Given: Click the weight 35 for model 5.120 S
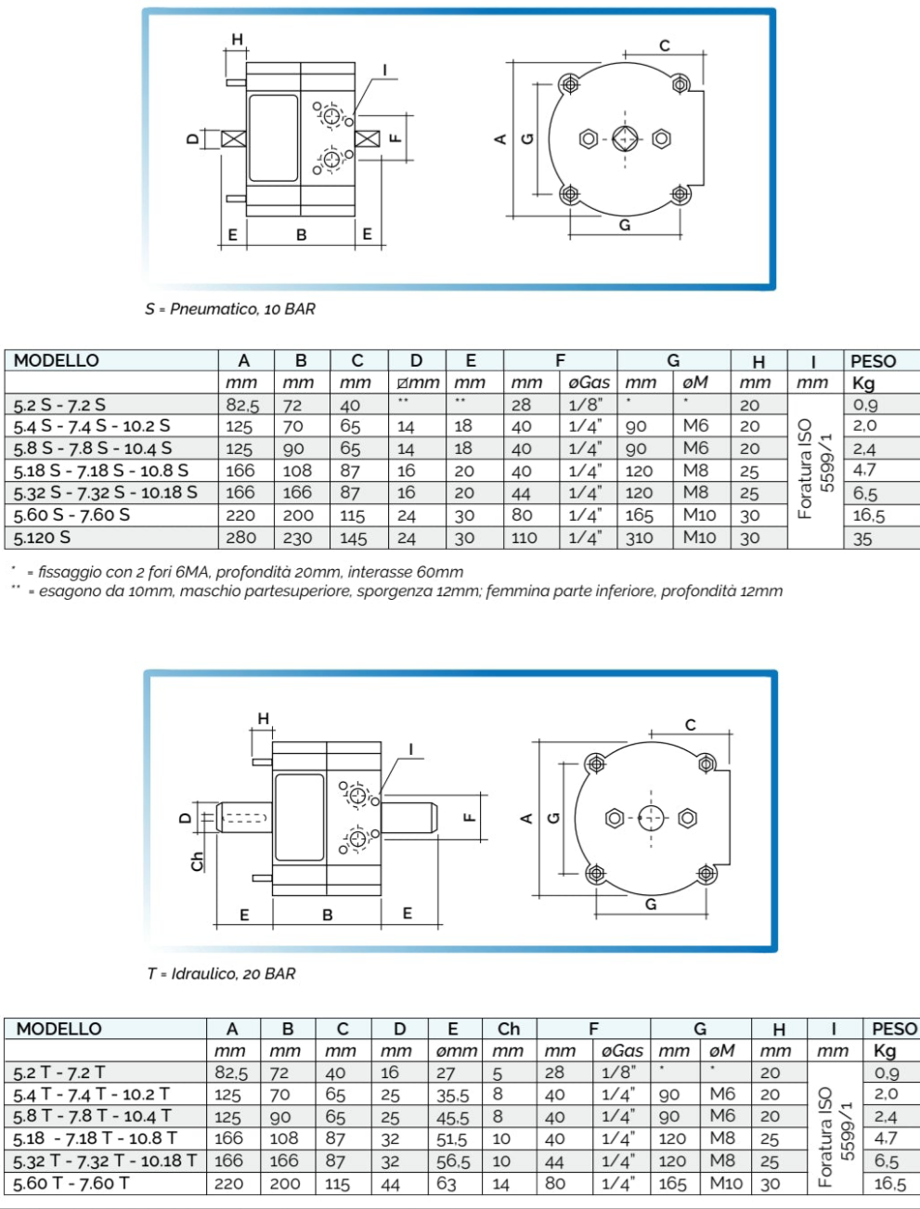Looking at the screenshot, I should coord(862,539).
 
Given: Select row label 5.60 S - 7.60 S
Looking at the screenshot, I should coord(71,515).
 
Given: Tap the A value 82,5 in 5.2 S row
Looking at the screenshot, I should coord(242,405).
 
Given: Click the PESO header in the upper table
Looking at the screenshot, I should coord(873,360).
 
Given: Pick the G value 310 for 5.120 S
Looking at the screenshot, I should coord(639,538).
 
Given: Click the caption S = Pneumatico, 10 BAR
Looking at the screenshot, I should coord(229,309).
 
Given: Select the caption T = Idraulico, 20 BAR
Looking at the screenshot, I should coord(221,974).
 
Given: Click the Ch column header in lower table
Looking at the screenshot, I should coord(509,1029).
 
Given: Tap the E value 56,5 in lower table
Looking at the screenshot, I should coord(453,1162).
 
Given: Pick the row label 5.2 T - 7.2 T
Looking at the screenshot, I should coord(59,1072).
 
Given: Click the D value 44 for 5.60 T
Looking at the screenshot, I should coord(391,1184).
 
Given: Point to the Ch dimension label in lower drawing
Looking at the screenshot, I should coord(197,862).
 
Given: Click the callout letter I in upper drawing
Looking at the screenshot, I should coord(384,70).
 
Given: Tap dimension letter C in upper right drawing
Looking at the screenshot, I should coord(665,45).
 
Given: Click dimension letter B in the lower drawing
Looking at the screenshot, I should coord(327,915).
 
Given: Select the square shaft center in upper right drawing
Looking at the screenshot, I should coord(624,139).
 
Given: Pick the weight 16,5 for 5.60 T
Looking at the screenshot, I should coord(888,1184).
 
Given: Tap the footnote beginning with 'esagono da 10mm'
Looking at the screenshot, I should coord(408,591).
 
